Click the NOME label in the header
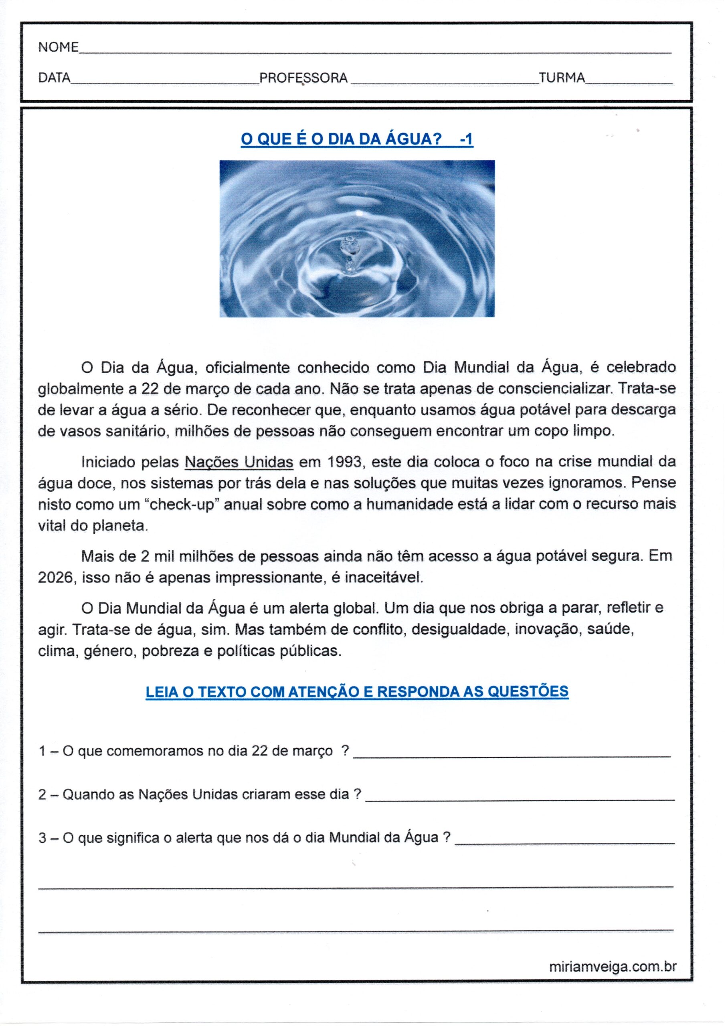coord(59,47)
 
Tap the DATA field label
coord(55,78)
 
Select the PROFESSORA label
coord(303,78)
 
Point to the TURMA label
coord(562,78)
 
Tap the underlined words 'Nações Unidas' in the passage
coord(239,462)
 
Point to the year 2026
coord(55,578)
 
